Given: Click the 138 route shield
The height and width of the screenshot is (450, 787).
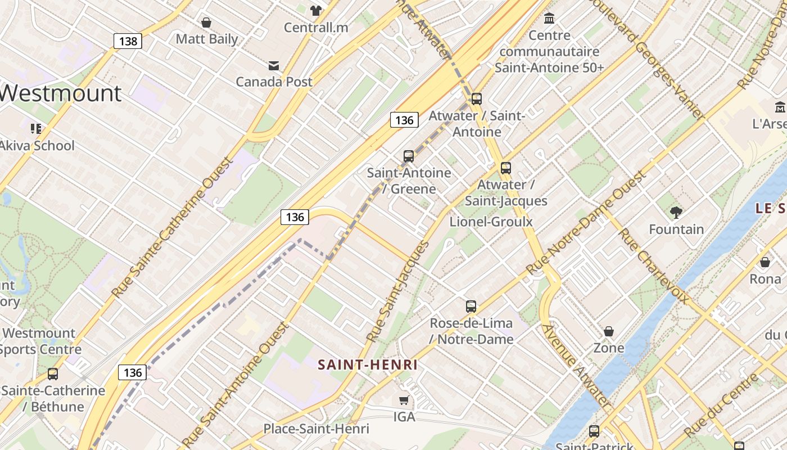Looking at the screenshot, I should point(128,41).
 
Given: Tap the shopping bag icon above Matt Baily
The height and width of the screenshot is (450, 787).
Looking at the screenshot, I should point(206,22).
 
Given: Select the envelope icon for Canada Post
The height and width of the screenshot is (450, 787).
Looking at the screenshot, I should point(274,66).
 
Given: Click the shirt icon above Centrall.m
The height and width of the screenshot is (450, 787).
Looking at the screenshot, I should point(316,10).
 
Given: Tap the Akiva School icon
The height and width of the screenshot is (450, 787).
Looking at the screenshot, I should point(37,129).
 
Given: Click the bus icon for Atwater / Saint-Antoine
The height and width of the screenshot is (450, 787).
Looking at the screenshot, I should point(477,99).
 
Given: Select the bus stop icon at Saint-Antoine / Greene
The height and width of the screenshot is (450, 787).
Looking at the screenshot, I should point(409,156).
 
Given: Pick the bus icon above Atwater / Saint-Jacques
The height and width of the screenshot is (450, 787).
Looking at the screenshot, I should point(506,168).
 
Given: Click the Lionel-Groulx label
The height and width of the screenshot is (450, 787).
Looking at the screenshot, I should point(491,222).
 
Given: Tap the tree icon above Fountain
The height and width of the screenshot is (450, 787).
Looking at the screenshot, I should point(676,213).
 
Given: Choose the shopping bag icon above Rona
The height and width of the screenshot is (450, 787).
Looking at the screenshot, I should point(765,262).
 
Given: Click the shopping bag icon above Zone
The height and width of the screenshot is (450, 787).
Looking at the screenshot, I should point(609,331).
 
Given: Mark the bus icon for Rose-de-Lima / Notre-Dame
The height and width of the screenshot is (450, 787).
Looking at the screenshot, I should point(471,307).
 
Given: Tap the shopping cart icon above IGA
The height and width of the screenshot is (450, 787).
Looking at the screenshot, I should point(404,400).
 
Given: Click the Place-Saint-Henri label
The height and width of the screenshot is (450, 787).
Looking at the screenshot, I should point(316,429).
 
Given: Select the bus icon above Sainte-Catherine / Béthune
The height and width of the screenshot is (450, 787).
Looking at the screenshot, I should point(53,373).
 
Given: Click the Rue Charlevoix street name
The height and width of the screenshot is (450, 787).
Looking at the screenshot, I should point(654,266).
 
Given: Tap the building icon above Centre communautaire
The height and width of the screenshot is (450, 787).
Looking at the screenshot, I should point(549,19).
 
